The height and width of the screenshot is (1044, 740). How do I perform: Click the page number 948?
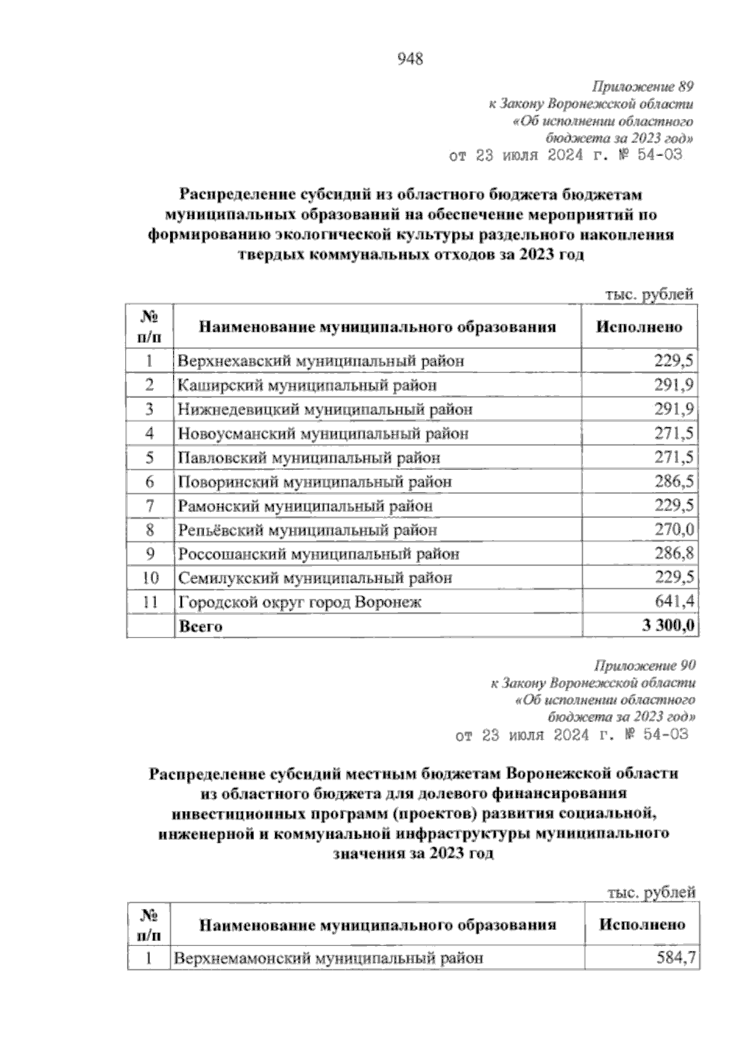(410, 59)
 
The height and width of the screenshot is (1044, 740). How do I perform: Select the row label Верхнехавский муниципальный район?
(321, 361)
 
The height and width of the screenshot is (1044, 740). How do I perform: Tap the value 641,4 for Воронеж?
(675, 602)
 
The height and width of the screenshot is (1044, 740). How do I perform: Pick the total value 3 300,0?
(668, 626)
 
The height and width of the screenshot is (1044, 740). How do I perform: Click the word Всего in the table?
(200, 627)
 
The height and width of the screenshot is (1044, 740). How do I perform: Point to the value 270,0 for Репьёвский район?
(675, 530)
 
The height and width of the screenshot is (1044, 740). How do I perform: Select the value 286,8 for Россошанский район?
(675, 554)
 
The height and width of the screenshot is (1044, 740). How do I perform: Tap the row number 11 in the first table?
(150, 602)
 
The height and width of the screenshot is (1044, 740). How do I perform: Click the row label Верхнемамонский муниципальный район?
(328, 958)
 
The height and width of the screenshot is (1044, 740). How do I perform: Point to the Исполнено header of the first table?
(639, 327)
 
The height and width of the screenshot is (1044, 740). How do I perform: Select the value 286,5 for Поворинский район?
(675, 482)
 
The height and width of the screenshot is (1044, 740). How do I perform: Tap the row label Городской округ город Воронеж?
(300, 602)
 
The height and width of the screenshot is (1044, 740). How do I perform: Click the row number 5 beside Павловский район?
(150, 458)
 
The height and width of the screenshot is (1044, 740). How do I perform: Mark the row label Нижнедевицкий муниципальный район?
(325, 409)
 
